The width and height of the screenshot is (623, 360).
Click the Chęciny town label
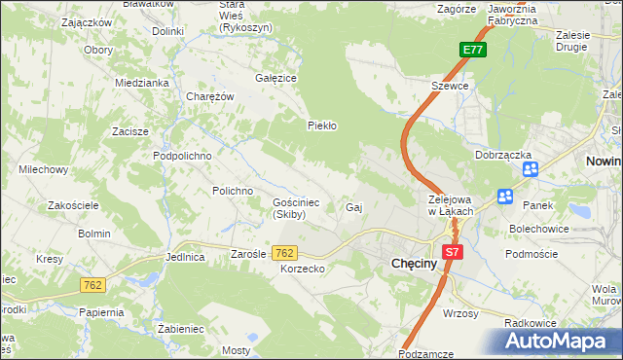(419, 263)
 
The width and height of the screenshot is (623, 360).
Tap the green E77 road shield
(472, 51)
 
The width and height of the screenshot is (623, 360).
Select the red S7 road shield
(451, 252)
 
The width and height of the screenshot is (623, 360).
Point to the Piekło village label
(321, 126)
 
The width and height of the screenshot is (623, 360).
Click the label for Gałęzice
(275, 78)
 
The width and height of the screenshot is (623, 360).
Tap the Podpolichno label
(182, 155)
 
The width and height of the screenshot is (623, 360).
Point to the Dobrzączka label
(502, 155)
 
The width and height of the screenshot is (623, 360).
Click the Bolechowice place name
(540, 229)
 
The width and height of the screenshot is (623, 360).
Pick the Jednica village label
(185, 258)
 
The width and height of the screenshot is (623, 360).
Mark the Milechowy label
(43, 169)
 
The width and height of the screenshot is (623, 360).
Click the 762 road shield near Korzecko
(285, 253)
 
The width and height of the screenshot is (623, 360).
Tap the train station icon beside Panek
(505, 197)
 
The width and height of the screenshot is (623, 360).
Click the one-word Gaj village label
(354, 208)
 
